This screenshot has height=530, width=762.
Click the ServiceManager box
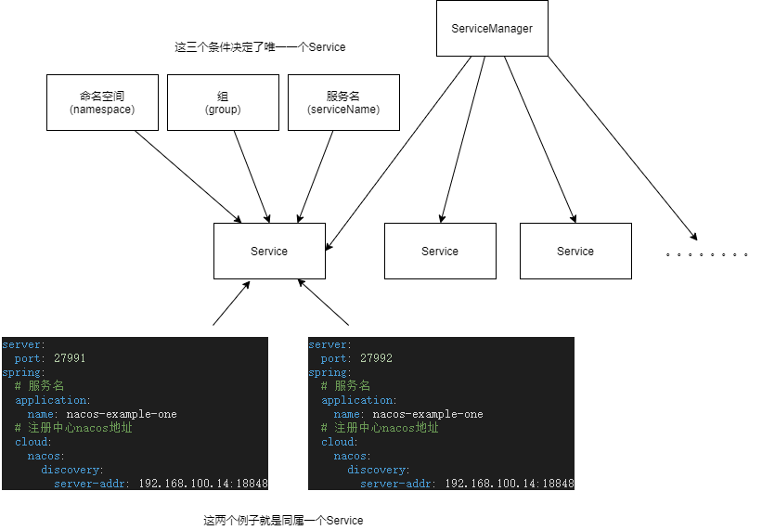click(492, 29)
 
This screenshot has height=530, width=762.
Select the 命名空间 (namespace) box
click(102, 102)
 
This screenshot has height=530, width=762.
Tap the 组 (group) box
click(223, 102)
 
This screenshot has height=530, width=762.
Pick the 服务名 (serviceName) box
click(343, 102)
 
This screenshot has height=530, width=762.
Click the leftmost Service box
click(269, 251)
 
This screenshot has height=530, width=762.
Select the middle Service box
click(440, 251)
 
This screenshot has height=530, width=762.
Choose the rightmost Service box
click(575, 251)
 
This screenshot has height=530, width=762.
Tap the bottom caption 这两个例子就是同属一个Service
click(283, 521)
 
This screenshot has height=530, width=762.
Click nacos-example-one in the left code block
click(122, 414)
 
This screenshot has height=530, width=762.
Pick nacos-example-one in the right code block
click(428, 414)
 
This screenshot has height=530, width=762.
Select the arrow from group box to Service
click(252, 176)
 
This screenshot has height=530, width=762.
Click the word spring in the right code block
click(325, 372)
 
